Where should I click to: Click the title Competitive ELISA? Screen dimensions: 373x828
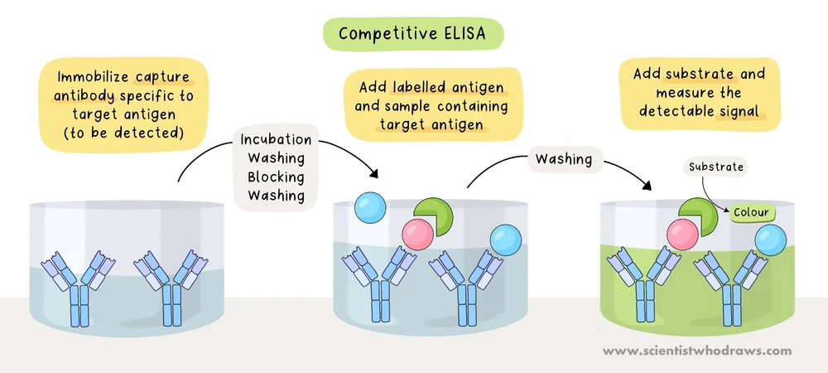(414, 36)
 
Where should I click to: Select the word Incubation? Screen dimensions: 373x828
(277, 139)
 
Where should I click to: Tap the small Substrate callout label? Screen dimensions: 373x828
(717, 167)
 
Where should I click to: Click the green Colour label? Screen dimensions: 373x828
(750, 212)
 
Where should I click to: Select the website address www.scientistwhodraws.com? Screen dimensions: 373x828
(696, 351)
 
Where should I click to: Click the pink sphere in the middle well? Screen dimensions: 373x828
(419, 235)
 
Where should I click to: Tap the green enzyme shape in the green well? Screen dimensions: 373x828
(698, 216)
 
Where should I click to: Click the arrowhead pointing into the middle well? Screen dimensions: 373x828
(374, 174)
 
